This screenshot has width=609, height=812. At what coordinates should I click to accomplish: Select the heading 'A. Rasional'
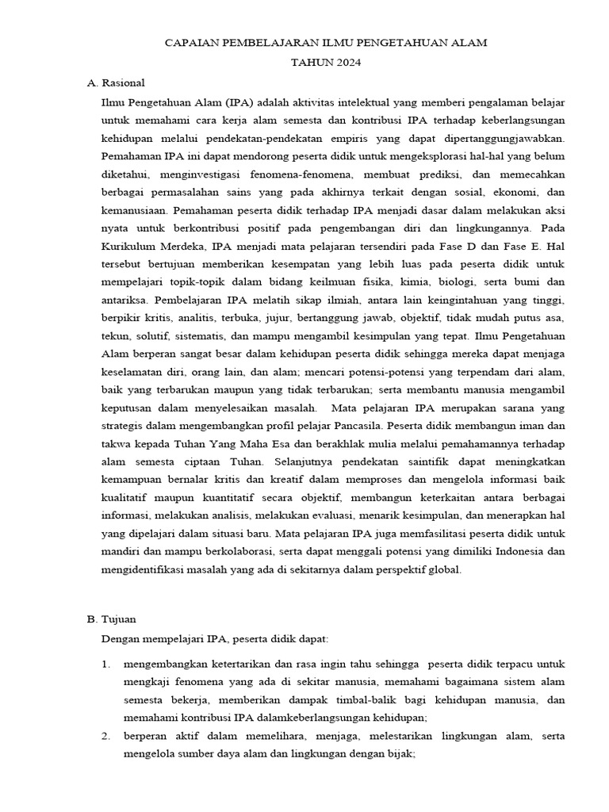(x=116, y=82)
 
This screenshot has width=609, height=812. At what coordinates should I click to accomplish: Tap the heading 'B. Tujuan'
(x=112, y=619)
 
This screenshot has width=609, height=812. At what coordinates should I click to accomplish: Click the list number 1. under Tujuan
(x=106, y=663)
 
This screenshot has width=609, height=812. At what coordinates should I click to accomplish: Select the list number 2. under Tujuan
(x=106, y=736)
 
